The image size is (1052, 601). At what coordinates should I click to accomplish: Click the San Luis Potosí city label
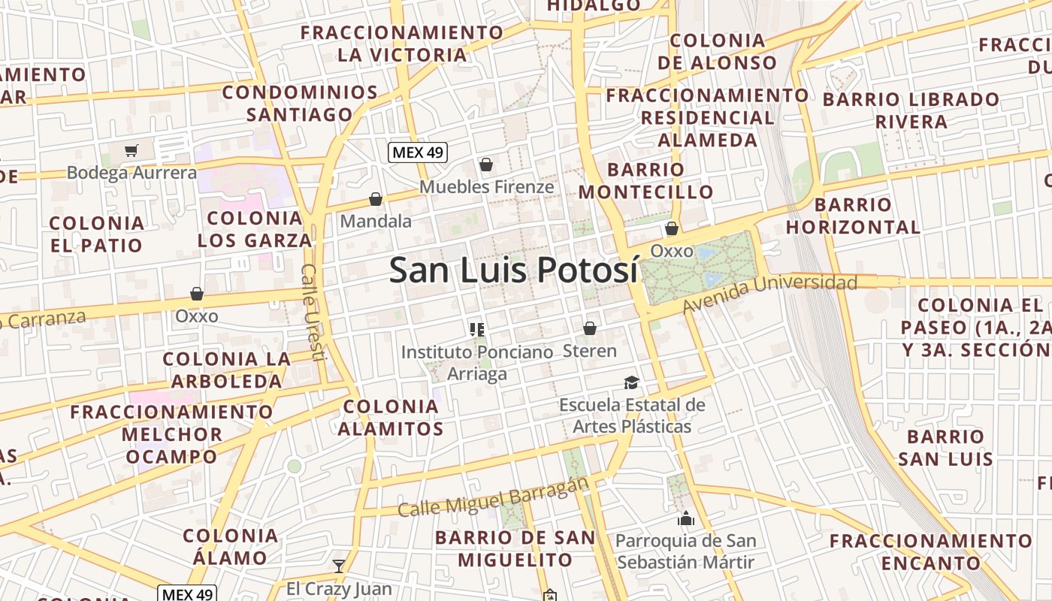513,270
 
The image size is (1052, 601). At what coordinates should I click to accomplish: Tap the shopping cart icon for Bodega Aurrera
131,150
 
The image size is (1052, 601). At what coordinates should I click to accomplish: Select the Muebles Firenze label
486,186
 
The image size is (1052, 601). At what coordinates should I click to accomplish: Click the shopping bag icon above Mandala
375,199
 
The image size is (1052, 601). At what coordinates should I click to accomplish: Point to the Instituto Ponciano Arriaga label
477,362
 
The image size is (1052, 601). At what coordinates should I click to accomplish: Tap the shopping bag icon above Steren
590,328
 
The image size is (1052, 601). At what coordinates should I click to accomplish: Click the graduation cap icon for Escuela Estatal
631,383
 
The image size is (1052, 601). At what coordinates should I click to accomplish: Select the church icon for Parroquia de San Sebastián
685,518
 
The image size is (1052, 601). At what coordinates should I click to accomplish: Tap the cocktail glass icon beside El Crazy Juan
339,566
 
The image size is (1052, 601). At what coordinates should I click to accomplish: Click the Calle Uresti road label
313,312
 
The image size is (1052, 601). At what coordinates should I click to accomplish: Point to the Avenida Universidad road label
769,293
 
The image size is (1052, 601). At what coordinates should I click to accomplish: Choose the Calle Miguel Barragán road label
491,498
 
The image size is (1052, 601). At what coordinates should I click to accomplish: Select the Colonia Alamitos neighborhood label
391,418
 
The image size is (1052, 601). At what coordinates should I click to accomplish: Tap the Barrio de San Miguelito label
515,548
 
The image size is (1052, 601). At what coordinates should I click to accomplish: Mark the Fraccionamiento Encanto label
931,552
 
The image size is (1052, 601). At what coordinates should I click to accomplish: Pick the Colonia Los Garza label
255,229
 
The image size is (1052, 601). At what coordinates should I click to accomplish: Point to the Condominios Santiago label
300,104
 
